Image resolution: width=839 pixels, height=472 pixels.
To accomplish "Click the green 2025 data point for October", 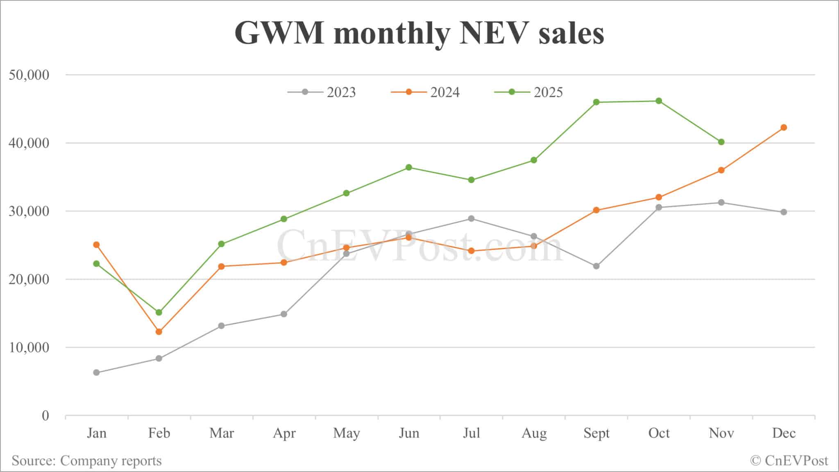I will pos(659,101).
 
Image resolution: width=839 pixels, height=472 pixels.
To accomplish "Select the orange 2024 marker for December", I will pos(784,127).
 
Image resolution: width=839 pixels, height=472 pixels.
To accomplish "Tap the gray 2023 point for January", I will pos(96,372).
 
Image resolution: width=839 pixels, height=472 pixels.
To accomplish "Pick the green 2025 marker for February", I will pos(159,312).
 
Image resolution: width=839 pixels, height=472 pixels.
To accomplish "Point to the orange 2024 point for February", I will pos(159,331).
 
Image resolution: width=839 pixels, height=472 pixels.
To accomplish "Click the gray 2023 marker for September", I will pos(596,266).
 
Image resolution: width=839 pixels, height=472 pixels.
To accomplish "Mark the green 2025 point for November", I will pos(721,142).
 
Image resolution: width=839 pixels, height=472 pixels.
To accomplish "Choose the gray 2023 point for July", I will pos(471,218).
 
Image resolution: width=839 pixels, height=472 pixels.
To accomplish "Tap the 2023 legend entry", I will pos(322,92).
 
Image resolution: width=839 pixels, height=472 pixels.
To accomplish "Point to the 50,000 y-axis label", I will pos(29,75).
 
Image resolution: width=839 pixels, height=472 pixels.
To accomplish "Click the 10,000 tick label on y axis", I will pos(29,347).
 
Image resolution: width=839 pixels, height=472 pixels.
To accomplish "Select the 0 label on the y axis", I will pos(45,415).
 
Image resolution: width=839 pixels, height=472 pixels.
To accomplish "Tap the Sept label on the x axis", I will pos(596,433).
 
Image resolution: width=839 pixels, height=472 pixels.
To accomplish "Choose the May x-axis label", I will pos(346,433).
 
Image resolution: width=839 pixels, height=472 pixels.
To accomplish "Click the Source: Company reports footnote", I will pos(86,461).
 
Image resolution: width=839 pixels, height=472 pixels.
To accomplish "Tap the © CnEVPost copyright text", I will pos(789,461).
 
